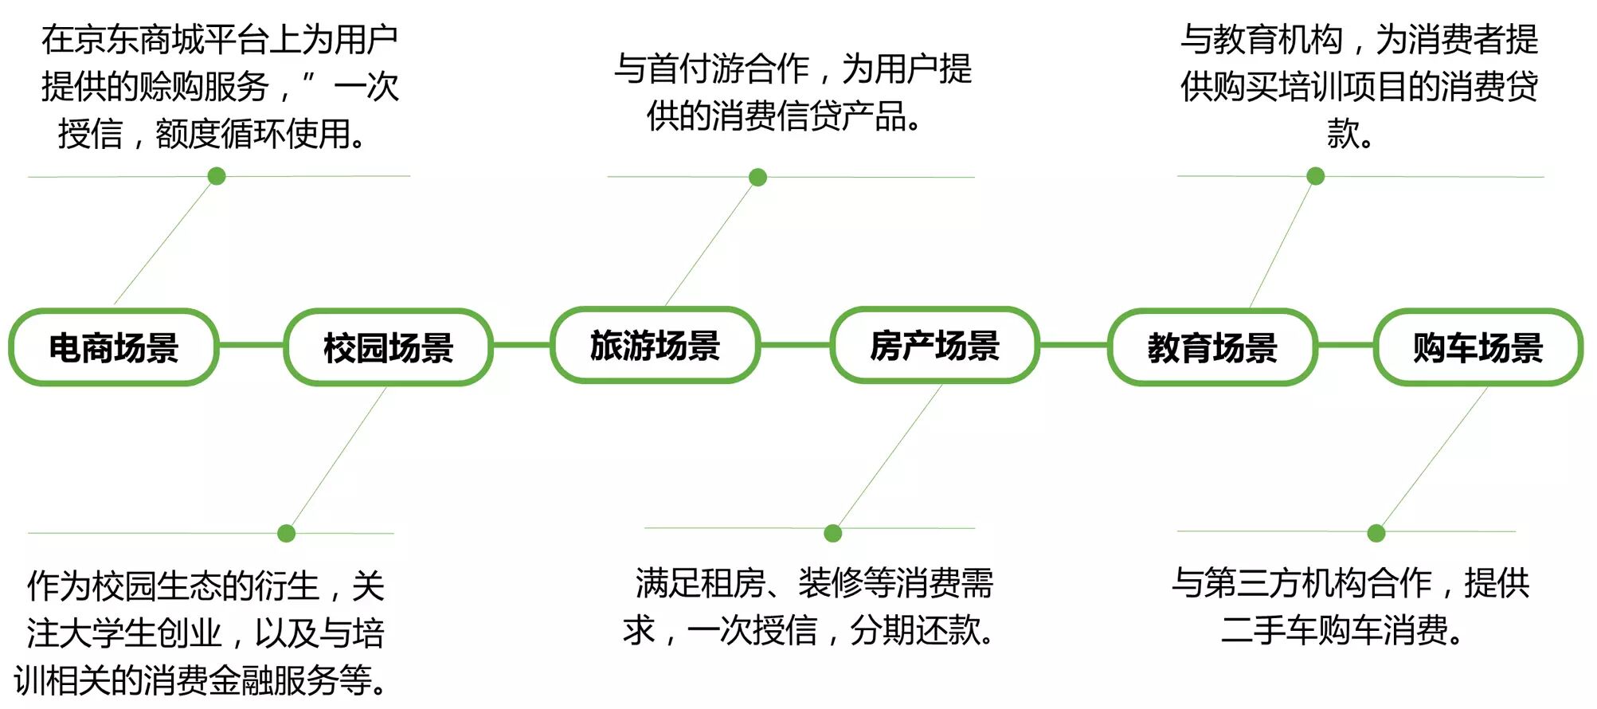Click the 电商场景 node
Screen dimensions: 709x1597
pyautogui.click(x=113, y=347)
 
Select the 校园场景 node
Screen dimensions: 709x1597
pyautogui.click(x=388, y=347)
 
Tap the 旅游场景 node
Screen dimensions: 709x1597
pyautogui.click(x=655, y=345)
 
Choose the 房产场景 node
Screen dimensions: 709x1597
pyautogui.click(x=934, y=345)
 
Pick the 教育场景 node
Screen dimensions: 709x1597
pyautogui.click(x=1211, y=347)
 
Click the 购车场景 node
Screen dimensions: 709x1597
pyautogui.click(x=1478, y=347)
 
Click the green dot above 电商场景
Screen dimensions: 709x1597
pyautogui.click(x=216, y=176)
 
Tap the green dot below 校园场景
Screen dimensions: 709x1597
pyautogui.click(x=287, y=533)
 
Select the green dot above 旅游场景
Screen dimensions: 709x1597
pyautogui.click(x=757, y=177)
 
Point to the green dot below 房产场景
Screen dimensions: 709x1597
pyautogui.click(x=833, y=533)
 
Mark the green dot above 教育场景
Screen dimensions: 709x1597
pyautogui.click(x=1316, y=176)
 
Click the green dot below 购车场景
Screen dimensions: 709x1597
pyautogui.click(x=1376, y=533)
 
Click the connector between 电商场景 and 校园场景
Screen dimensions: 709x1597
pyautogui.click(x=251, y=345)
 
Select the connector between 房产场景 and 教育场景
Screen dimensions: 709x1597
pyautogui.click(x=1073, y=345)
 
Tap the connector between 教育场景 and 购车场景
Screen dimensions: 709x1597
pyautogui.click(x=1345, y=345)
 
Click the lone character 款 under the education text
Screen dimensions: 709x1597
pyautogui.click(x=1343, y=133)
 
